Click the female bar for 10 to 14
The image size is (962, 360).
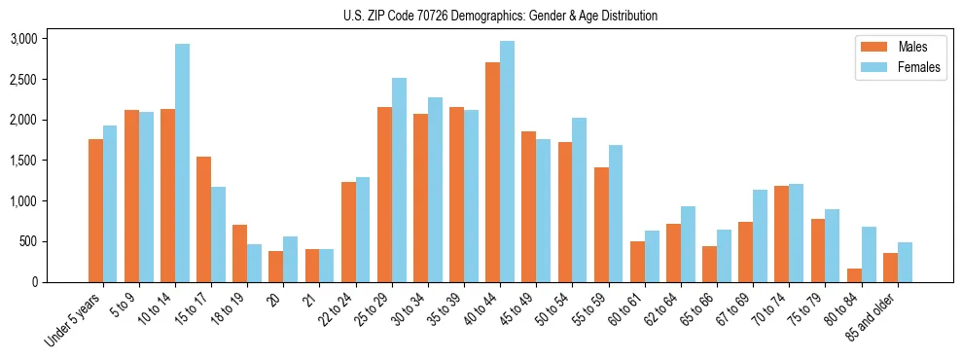click(x=183, y=163)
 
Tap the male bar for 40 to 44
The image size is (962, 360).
click(x=493, y=172)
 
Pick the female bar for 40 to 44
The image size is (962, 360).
click(x=508, y=162)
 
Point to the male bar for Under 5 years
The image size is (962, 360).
click(x=96, y=211)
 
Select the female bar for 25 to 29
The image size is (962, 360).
click(x=399, y=180)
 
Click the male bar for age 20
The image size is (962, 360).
click(x=276, y=267)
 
